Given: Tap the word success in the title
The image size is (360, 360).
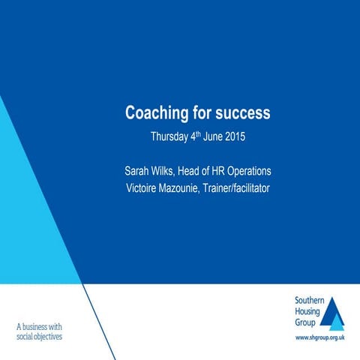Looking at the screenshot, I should coord(241,114).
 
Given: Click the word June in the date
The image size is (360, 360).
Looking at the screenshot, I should coord(206,137).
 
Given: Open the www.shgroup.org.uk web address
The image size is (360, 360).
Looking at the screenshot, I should coord(319,339).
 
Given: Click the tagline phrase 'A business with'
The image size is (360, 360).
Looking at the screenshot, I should coord(39,326).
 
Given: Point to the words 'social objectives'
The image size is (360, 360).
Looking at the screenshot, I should coord(39,337).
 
